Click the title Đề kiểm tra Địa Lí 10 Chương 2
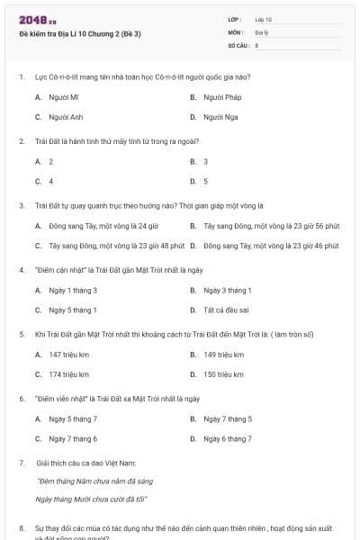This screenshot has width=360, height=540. (80, 34)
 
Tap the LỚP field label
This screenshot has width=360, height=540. (236, 19)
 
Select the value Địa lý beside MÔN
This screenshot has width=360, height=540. (262, 31)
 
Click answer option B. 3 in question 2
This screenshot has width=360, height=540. (200, 161)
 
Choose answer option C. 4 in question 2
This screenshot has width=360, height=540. (44, 181)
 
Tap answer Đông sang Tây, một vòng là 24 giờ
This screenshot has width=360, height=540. (91, 225)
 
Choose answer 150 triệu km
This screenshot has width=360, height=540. (224, 374)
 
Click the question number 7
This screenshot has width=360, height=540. (22, 462)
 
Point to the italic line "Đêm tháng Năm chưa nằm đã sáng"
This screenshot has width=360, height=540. (87, 481)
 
